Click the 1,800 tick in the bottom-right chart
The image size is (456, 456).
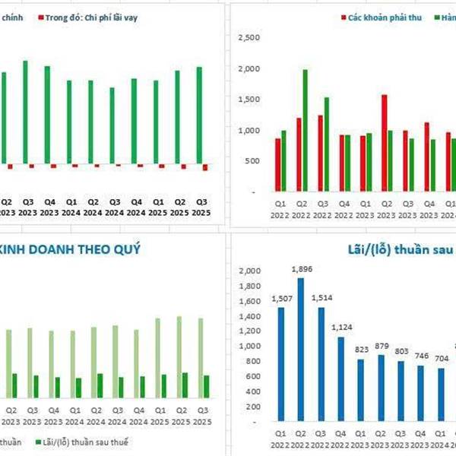pyautogui.click(x=249, y=286)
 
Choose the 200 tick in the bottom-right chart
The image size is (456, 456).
pyautogui.click(x=254, y=405)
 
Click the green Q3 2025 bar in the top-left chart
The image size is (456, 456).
pyautogui.click(x=200, y=115)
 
